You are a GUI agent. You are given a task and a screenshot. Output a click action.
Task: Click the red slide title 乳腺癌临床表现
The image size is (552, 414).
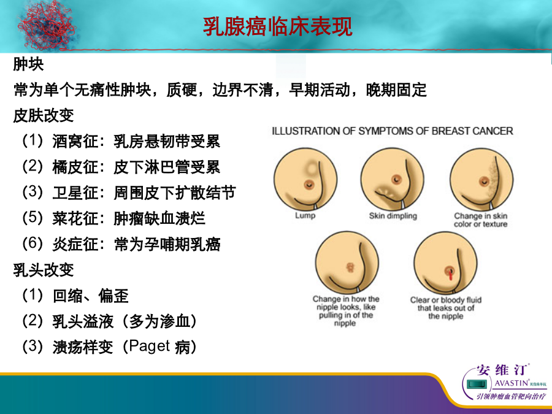[277, 27]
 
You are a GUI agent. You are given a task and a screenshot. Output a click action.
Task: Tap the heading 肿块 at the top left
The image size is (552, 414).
[28, 64]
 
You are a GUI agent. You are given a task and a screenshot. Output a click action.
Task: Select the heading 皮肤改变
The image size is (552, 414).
[44, 115]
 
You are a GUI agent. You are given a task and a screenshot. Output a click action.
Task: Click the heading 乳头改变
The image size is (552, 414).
[44, 270]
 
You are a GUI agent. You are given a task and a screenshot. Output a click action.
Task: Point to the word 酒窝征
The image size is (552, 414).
[75, 142]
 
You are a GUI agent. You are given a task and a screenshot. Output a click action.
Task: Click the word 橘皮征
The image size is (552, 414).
[75, 167]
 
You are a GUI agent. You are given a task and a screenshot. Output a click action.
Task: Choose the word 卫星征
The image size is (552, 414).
[75, 193]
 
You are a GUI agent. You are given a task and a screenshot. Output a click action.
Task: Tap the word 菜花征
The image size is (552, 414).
[75, 218]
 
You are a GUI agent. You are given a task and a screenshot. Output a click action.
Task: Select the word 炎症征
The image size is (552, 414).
[75, 244]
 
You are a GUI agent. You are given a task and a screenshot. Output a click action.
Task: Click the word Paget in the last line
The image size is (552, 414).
[150, 347]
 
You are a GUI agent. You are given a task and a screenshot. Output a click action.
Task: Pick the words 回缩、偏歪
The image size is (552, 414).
[91, 296]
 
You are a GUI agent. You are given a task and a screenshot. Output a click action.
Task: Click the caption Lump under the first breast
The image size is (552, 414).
[305, 215]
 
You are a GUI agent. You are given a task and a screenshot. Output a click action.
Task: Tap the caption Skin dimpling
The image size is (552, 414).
[393, 216]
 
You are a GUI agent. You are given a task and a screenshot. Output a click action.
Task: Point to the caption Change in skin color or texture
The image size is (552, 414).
[481, 220]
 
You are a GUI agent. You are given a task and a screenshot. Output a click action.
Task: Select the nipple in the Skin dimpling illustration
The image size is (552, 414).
[397, 180]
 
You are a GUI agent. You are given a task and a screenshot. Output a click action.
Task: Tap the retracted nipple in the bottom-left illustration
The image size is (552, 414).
[350, 267]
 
